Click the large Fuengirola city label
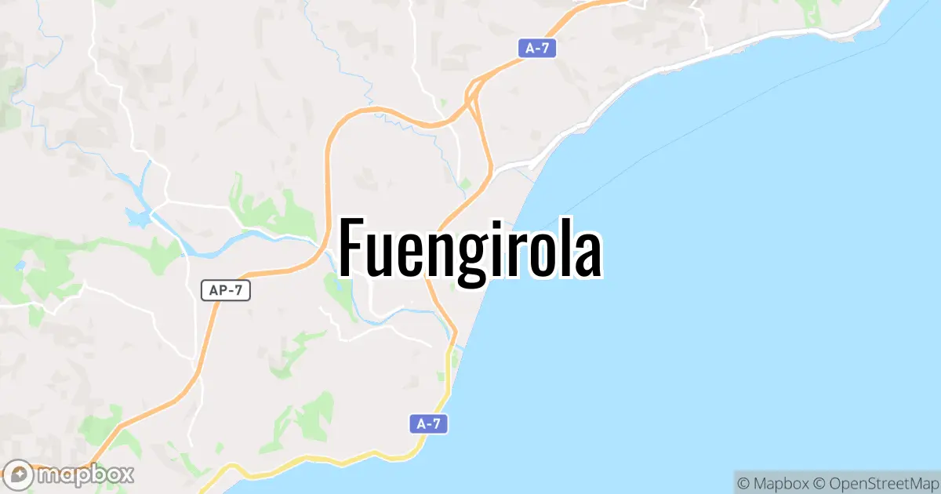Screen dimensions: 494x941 470,249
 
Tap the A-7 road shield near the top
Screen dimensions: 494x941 537,48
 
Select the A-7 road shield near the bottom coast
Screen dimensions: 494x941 428,424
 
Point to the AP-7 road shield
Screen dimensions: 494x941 225,290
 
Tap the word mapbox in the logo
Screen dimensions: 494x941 85,474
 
